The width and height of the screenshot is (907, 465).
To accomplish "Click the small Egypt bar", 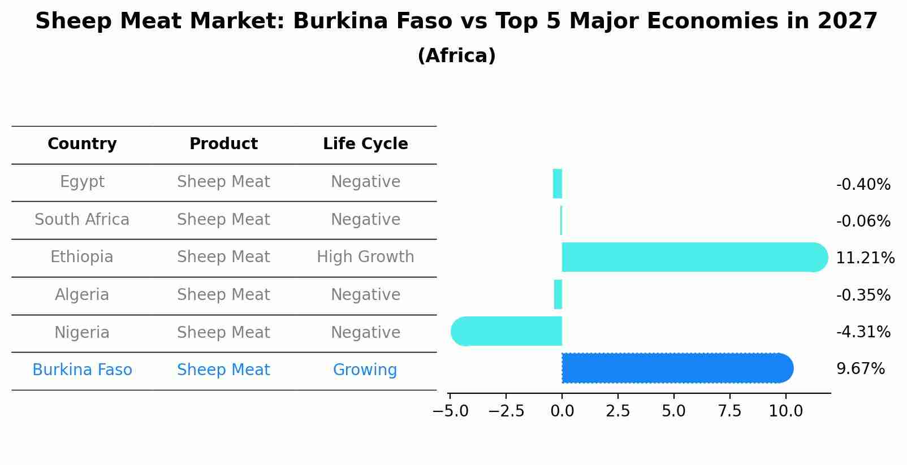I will point(558,184).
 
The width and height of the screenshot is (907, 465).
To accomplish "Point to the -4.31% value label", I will point(863,332).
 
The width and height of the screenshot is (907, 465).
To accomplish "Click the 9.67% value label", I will point(860,369).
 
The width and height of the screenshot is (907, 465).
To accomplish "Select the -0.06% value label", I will point(863,221).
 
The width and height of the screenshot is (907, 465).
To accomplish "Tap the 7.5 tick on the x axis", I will point(729,411).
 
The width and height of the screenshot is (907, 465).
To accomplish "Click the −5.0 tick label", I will point(450,411).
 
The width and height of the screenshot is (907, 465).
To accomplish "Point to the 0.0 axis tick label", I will point(562,411).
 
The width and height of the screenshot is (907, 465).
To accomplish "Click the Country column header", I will point(82,144).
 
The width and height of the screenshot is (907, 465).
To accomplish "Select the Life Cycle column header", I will point(365,144).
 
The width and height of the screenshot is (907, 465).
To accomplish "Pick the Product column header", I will point(223,144).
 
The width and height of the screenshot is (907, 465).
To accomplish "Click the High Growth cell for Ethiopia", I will point(365,257).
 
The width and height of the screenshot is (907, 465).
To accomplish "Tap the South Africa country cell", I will point(82,219).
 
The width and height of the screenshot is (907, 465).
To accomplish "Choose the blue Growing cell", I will point(365,370).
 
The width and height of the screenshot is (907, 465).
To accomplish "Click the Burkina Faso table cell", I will point(82,370).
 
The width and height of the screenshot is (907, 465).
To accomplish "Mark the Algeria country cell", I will point(82,295).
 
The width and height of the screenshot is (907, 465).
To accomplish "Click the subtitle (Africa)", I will point(456,56).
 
